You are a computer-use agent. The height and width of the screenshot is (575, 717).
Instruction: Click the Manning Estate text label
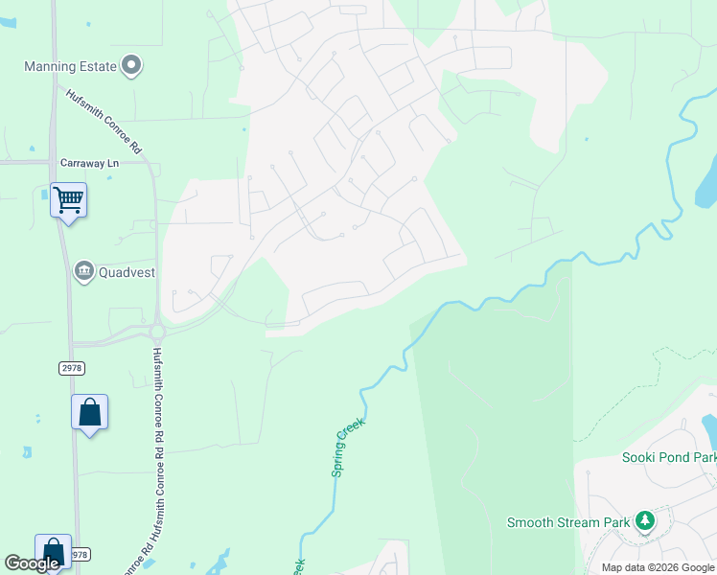pos(70,67)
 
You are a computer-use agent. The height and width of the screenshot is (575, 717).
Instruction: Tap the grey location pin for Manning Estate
pos(132,66)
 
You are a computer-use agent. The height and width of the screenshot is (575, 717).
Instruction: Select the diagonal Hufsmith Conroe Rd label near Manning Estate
pos(104,122)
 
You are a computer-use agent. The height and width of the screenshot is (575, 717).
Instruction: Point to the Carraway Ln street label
pos(88,164)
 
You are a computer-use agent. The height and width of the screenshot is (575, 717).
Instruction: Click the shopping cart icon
pos(68,200)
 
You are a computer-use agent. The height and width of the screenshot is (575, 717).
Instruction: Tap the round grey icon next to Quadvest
pos(84,272)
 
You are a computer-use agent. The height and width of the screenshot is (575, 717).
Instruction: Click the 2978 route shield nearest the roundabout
pos(71,366)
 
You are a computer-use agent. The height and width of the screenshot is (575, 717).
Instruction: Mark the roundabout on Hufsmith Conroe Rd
pos(157,333)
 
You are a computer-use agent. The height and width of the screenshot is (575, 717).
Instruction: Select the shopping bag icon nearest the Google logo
pos(54,552)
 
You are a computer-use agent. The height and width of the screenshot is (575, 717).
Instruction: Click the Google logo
pos(32,563)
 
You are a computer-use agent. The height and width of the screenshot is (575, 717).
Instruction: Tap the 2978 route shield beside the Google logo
pos(79,554)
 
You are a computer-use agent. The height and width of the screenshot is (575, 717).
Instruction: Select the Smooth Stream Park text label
pos(568,522)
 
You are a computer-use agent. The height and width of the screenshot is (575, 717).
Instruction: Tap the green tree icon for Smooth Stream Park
pos(646,520)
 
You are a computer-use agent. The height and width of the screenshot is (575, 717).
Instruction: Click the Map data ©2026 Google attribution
pos(658,567)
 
